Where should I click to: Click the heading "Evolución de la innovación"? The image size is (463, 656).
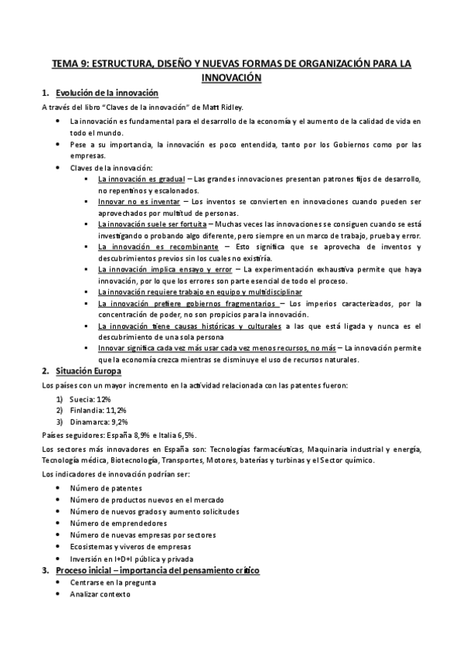coord(107,93)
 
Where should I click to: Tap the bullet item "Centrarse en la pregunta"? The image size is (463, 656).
coord(112,583)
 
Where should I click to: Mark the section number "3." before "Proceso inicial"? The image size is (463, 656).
coord(45,570)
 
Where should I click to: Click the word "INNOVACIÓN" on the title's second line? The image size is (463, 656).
coord(231,78)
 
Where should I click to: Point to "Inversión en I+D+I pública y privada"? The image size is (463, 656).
coord(131,558)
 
